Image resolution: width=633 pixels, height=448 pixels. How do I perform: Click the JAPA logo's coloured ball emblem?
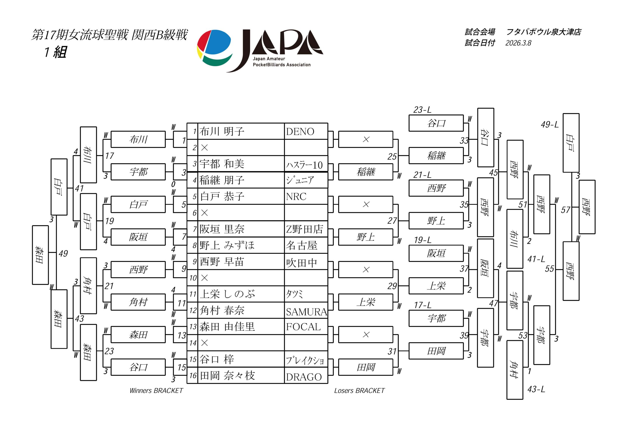pyautogui.click(x=214, y=47)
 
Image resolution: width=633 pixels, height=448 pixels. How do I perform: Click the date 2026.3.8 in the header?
pyautogui.click(x=518, y=43)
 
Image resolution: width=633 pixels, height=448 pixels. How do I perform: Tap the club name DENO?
pyautogui.click(x=300, y=132)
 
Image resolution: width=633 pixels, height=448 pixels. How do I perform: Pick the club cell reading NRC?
pyautogui.click(x=296, y=196)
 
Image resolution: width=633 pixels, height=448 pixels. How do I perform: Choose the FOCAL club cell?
pyautogui.click(x=303, y=327)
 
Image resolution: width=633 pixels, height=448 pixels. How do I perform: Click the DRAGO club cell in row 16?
pyautogui.click(x=304, y=377)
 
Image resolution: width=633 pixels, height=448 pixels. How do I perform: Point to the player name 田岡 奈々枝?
pyautogui.click(x=227, y=376)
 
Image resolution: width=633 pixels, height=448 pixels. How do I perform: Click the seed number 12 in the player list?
pyautogui.click(x=193, y=310)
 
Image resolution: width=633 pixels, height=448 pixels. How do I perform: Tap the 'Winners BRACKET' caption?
pyautogui.click(x=156, y=391)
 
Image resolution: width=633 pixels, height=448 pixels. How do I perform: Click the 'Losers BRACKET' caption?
pyautogui.click(x=359, y=391)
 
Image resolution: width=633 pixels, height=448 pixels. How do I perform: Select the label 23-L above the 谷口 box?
pyautogui.click(x=422, y=110)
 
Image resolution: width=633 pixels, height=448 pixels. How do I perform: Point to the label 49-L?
pyautogui.click(x=549, y=125)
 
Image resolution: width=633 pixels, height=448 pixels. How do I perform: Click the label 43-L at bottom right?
pyautogui.click(x=536, y=389)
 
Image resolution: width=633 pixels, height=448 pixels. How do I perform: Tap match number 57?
pyautogui.click(x=565, y=210)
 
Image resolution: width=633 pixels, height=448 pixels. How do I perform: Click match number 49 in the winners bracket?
pyautogui.click(x=63, y=254)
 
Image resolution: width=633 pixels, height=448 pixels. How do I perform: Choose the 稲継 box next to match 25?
pyautogui.click(x=436, y=156)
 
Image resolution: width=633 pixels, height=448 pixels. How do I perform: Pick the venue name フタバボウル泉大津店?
pyautogui.click(x=544, y=32)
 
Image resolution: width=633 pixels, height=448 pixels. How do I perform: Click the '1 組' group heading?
pyautogui.click(x=55, y=52)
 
